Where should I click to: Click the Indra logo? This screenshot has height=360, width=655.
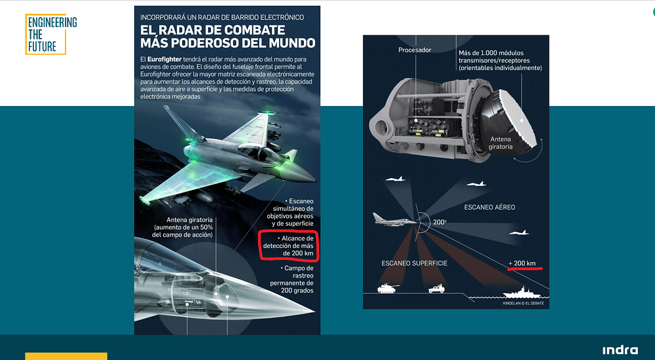[620, 350]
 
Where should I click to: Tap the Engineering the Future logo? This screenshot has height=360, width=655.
[51, 34]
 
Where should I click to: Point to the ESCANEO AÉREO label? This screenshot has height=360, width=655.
[489, 207]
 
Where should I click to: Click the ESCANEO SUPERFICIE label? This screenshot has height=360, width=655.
[415, 262]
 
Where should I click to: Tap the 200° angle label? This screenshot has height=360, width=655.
[440, 223]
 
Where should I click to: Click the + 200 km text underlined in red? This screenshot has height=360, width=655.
[522, 263]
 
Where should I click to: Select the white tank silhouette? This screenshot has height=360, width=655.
[386, 287]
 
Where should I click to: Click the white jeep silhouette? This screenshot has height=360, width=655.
[437, 288]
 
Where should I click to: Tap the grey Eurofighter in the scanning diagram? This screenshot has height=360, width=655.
[394, 219]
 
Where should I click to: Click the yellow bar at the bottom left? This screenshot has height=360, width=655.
[65, 356]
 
